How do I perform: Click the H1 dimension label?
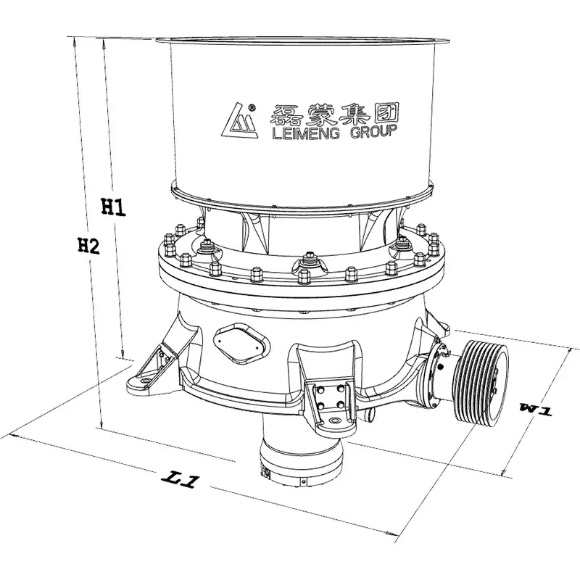coord(114,207)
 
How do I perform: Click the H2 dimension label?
coord(88,245)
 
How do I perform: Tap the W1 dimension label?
coord(536,410)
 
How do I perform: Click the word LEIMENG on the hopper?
coord(305,132)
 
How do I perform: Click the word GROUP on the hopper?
coord(373,132)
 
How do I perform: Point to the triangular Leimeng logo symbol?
coord(239,121)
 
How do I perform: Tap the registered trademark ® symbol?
coord(252,107)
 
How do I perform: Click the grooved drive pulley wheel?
coord(481,381)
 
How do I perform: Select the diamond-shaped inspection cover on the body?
coord(241,342)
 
